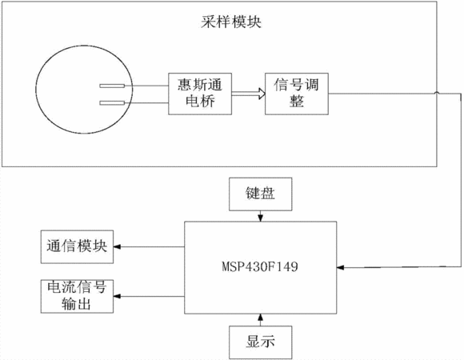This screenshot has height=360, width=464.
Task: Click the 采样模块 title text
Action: pos(231,22)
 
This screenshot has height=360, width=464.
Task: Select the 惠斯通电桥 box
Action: pos(200,94)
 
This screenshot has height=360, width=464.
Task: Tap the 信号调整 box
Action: pos(297,94)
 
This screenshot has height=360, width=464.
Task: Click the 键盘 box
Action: pos(261,194)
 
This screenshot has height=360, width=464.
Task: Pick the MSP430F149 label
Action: pos(260,266)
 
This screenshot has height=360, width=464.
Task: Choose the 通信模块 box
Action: pos(77,246)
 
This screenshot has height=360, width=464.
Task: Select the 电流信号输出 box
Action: pos(77,296)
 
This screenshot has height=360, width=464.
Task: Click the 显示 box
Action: pos(261,342)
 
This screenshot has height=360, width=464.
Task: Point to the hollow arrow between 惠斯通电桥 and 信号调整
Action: pos(248,94)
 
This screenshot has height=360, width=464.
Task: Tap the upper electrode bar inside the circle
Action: pos(112,86)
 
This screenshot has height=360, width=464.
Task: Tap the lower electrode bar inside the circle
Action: pos(112,103)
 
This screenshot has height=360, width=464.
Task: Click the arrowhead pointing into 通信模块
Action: pos(117,246)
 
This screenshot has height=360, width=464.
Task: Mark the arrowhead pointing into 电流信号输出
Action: pos(117,296)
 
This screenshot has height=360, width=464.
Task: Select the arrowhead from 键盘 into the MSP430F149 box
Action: pos(261,218)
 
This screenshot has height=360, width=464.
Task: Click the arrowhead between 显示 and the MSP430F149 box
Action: pos(261,317)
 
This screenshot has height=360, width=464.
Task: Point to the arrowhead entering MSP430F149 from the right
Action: pos(340,267)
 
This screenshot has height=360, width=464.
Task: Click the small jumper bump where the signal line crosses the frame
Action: pos(437,93)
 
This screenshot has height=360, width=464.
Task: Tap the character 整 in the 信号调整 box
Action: pos(297,102)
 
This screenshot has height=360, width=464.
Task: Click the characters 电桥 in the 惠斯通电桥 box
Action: pos(200,102)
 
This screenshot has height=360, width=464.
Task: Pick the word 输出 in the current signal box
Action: pos(76,304)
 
